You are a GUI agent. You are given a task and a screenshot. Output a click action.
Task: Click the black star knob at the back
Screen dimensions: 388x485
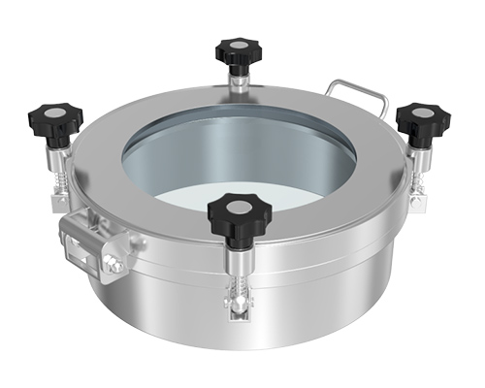tap(235, 50)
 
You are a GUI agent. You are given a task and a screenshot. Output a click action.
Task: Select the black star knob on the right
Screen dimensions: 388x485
tap(424, 116)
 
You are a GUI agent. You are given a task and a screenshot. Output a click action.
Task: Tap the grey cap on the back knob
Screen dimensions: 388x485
tap(235, 46)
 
